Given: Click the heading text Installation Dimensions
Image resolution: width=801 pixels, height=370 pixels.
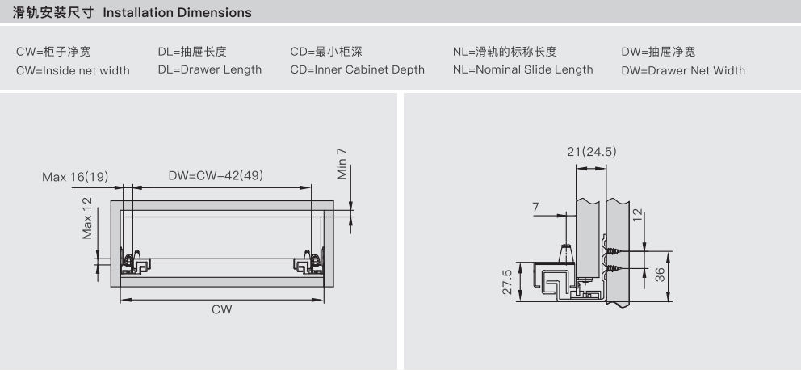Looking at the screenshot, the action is [178, 12].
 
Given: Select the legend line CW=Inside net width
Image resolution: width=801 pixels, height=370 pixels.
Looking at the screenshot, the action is [73, 70].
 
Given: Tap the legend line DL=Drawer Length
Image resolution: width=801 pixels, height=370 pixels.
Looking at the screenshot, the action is [210, 70].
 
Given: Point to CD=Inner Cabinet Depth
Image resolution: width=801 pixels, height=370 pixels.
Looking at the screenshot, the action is [358, 70].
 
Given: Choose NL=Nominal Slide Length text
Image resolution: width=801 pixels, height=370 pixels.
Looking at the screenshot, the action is [523, 70].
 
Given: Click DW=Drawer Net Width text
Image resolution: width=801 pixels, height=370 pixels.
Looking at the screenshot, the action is [683, 70].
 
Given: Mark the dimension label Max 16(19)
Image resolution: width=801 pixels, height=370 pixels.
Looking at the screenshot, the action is [76, 177].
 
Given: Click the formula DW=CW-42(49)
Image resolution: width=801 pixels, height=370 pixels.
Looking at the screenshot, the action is [216, 176].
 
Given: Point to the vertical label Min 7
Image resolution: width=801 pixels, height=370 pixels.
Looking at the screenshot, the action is [342, 163].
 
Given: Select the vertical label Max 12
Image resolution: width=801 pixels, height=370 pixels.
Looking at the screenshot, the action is [87, 218].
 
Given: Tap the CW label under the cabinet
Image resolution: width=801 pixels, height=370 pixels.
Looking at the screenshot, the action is [222, 309].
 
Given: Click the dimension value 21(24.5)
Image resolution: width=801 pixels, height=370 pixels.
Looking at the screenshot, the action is [592, 152].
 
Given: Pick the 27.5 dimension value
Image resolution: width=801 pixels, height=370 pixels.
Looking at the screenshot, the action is [507, 282].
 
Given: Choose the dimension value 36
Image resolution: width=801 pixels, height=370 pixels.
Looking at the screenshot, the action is [661, 275].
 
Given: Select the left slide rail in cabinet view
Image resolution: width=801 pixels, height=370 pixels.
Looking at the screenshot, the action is [136, 263].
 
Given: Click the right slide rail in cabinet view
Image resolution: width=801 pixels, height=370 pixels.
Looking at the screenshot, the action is [308, 263].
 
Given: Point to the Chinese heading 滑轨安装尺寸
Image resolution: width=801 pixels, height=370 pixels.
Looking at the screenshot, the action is [53, 12].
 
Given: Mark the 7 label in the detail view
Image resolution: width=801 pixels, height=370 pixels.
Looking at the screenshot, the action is [535, 207].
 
